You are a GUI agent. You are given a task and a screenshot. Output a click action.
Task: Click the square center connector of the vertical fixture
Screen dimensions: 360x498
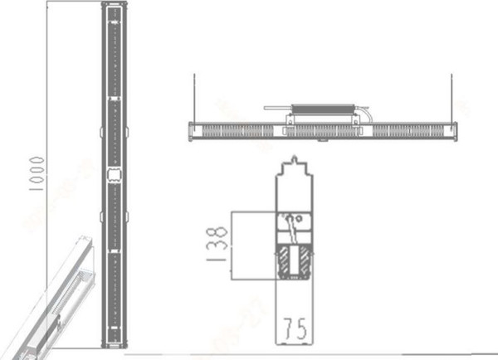pos(114,173)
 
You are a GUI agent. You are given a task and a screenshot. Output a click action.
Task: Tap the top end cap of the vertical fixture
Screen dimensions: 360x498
pos(114,7)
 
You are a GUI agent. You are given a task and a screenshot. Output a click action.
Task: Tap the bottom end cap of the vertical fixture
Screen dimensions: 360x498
pos(114,345)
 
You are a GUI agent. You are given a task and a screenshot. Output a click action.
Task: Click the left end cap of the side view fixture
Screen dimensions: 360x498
pos(193,131)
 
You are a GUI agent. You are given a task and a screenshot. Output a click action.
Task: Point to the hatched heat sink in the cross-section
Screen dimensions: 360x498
pos(296,265)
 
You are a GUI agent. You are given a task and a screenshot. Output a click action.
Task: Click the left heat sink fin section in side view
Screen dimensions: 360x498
pos(237,131)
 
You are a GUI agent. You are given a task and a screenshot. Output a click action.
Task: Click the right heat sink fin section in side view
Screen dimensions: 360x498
pos(411,131)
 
